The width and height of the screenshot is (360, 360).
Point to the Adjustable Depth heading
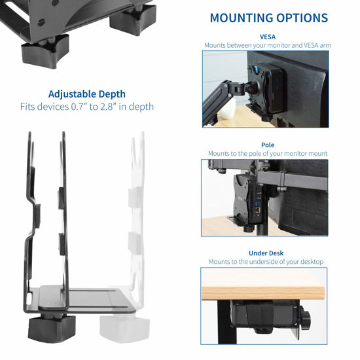pyautogui.click(x=87, y=94)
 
